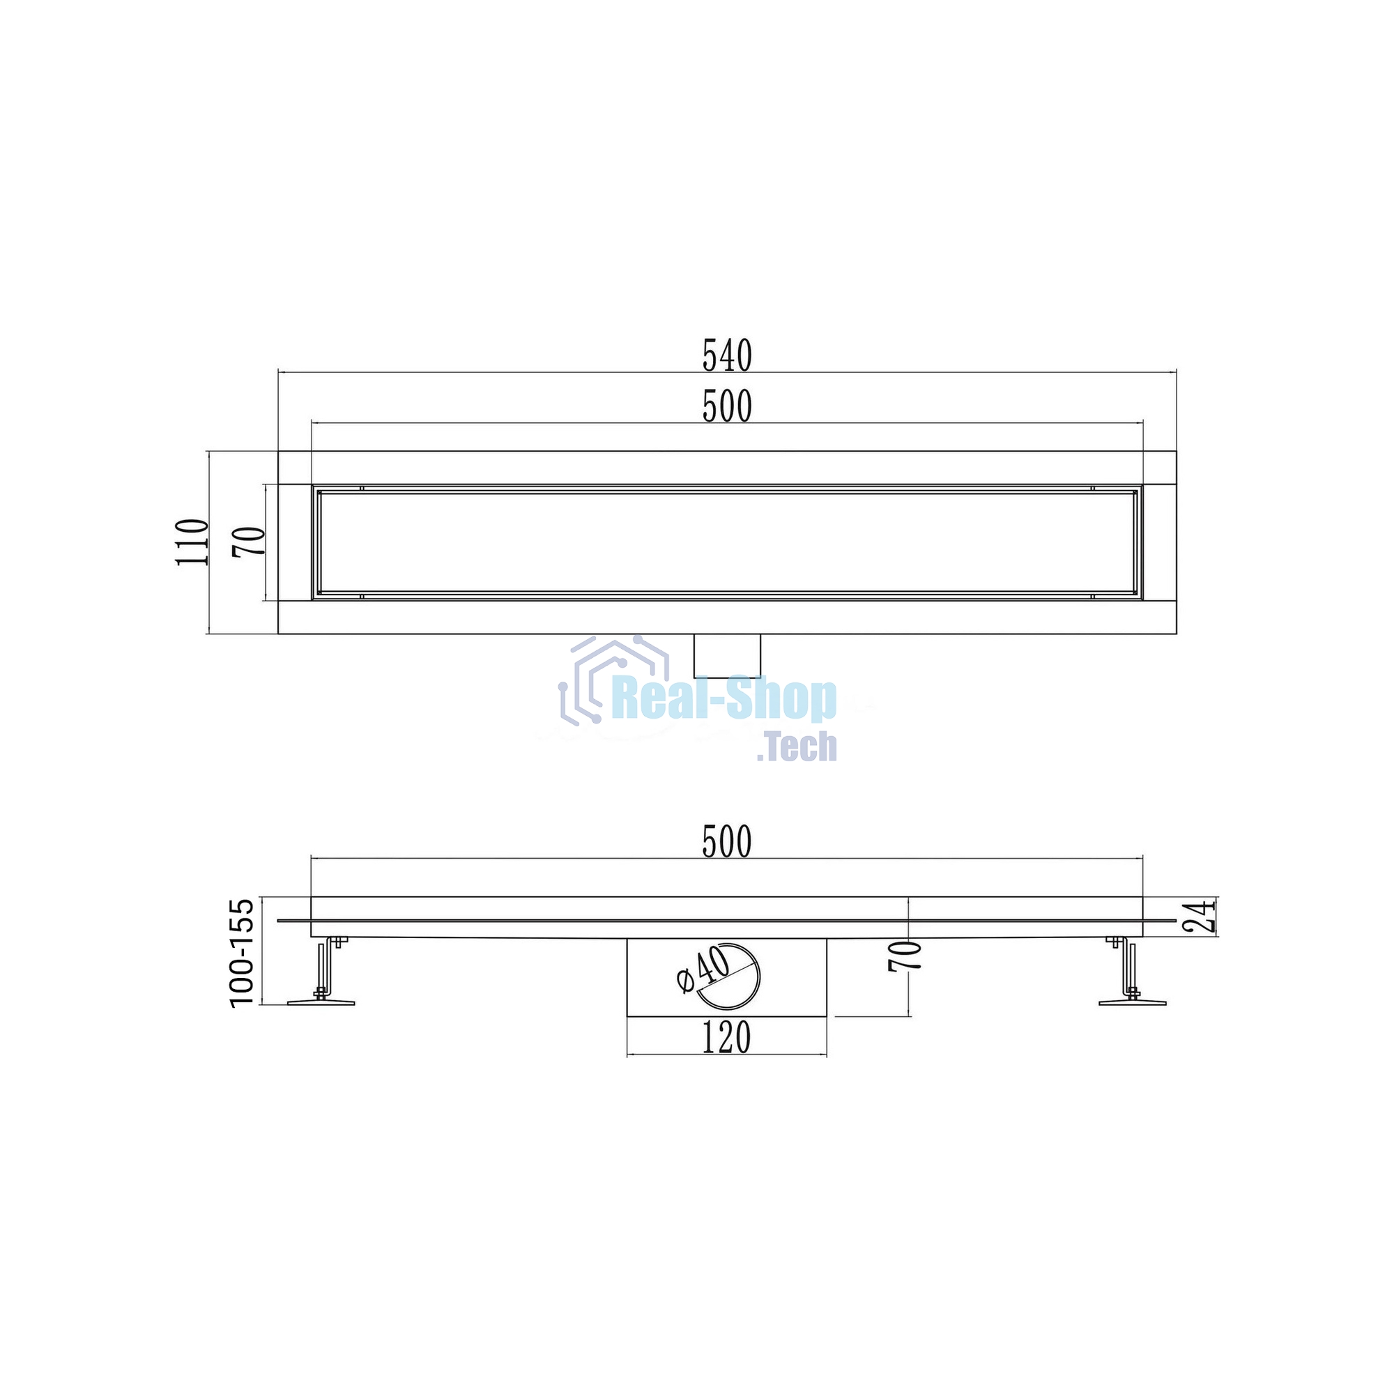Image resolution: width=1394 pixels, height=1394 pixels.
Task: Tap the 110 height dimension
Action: click(192, 542)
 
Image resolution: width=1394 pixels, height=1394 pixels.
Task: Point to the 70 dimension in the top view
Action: click(250, 542)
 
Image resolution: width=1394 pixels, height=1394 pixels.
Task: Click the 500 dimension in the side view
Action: click(727, 841)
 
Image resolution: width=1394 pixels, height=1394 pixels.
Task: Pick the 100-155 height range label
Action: click(242, 952)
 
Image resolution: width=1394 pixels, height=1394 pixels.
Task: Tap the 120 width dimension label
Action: click(726, 1038)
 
